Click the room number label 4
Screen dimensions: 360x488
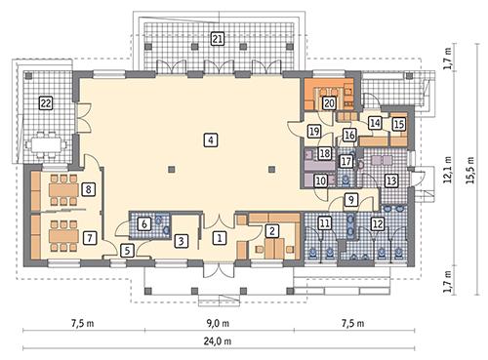(211, 140)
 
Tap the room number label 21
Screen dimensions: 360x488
(217, 39)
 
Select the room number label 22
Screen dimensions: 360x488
(45, 102)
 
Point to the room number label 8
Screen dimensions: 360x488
(89, 189)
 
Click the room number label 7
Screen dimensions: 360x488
(89, 236)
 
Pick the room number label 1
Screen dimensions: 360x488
(220, 237)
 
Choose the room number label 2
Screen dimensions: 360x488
(274, 229)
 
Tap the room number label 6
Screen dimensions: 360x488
(144, 223)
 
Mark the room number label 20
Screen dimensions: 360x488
(330, 102)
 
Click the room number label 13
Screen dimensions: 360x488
(390, 180)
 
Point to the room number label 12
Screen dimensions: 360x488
(377, 223)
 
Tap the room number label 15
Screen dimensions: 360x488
(399, 124)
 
